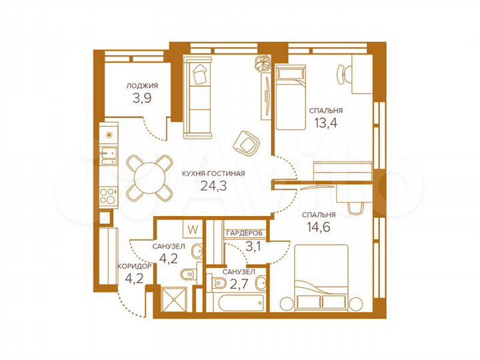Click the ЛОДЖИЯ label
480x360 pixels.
click(143, 85)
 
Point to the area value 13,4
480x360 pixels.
click(326, 123)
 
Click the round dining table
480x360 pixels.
click(148, 177)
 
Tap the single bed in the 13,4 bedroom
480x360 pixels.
click(290, 97)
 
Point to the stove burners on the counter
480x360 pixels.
click(107, 197)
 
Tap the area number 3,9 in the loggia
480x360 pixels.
click(142, 100)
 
